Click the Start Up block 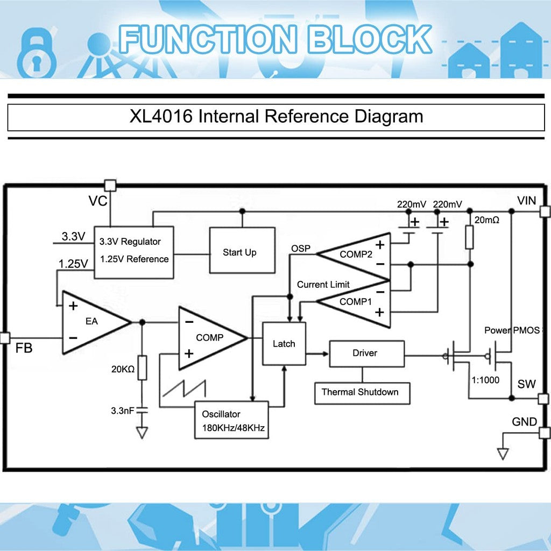[x=239, y=252]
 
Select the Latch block [x=284, y=343]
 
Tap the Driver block [x=366, y=354]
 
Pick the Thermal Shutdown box [x=360, y=392]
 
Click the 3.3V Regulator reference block [x=134, y=251]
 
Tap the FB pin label [x=24, y=349]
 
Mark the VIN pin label [x=527, y=201]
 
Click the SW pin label [x=527, y=384]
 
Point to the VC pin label [x=98, y=202]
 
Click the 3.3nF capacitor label [x=122, y=411]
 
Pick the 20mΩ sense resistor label [x=488, y=221]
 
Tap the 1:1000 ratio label [x=485, y=380]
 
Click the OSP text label [x=301, y=249]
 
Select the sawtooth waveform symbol [x=185, y=388]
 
